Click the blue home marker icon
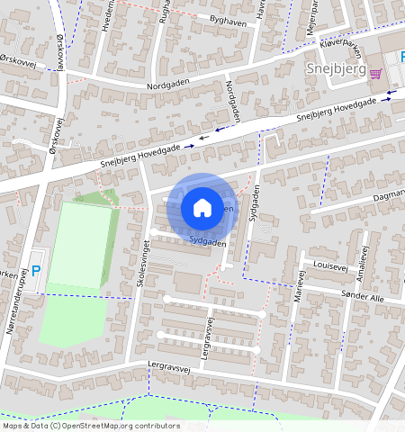[202, 208]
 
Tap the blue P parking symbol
[36, 270]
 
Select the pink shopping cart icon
[375, 75]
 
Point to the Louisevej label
[331, 265]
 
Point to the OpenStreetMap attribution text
[90, 426]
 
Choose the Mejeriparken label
[312, 15]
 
